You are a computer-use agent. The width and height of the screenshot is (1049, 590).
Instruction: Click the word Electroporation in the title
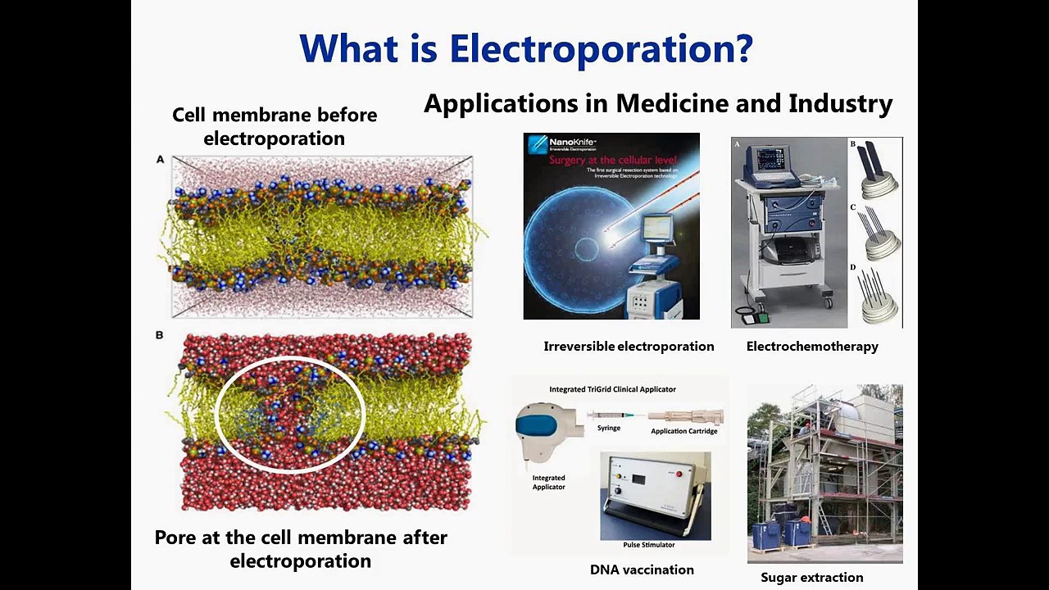click(600, 48)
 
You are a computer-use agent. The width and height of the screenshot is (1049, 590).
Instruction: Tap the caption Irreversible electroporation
click(629, 346)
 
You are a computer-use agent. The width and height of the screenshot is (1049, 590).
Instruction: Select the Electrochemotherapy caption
click(811, 346)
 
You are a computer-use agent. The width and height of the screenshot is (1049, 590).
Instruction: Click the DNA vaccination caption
click(642, 570)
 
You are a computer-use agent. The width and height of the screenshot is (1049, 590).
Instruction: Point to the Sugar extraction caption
click(811, 577)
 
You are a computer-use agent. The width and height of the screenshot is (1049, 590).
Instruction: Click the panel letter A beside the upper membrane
click(161, 159)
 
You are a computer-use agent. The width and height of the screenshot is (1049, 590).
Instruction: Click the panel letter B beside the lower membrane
click(160, 335)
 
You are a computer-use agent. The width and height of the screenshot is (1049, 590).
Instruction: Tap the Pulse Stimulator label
click(647, 544)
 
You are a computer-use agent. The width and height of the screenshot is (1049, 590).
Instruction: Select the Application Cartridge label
click(683, 431)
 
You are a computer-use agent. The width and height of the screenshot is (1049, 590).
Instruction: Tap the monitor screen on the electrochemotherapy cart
click(770, 158)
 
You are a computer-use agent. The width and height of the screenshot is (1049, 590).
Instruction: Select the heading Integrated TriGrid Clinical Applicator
click(612, 389)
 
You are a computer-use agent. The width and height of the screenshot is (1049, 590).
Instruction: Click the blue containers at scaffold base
click(783, 533)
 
